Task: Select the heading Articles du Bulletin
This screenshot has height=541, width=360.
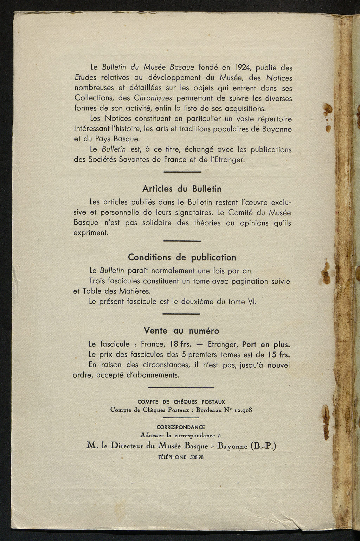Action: pos(182,189)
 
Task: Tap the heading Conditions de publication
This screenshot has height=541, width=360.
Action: pos(182,257)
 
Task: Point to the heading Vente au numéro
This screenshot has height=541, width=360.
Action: pos(181,331)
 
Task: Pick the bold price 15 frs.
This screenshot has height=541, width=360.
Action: pos(279,354)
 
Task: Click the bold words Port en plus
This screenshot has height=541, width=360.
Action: pos(266,344)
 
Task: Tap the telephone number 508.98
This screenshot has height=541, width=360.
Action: pos(197,457)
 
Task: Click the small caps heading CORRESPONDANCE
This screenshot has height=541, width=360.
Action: pos(181,427)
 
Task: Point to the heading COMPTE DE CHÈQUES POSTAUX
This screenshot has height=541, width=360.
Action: pos(181,402)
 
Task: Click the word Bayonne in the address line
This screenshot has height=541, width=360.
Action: pos(232,446)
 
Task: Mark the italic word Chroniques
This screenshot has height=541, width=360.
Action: pos(153,98)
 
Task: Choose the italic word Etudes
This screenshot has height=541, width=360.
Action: pos(85,77)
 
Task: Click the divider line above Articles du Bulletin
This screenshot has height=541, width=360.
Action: pos(182,172)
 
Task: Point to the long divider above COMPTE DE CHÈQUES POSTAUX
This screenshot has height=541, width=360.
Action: pos(181,388)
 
